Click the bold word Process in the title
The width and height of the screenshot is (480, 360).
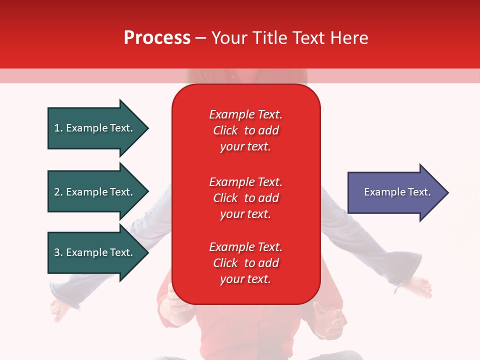click(157, 38)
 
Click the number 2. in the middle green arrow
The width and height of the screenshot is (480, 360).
click(58, 192)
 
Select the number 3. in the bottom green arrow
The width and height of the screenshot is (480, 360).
click(58, 252)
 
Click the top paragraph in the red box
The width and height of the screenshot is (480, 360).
click(245, 130)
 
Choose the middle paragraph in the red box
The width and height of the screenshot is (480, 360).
click(245, 198)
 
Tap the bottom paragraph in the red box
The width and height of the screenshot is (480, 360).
click(245, 263)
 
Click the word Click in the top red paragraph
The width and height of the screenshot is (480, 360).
click(225, 130)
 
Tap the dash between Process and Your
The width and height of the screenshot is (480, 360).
click(200, 38)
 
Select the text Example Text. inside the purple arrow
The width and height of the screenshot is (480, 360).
click(397, 192)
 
